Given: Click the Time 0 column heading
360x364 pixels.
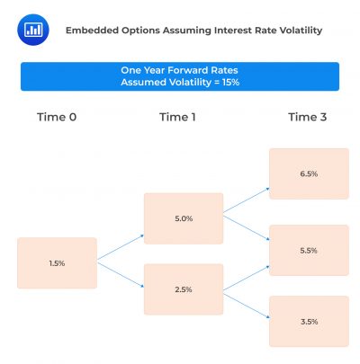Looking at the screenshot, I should click(57, 117).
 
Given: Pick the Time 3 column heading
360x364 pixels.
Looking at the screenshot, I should click(308, 117).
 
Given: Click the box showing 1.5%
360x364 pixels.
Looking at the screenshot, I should click(57, 263).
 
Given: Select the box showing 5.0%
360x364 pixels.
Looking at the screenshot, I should click(184, 218).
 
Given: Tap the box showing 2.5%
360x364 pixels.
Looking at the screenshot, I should click(184, 289).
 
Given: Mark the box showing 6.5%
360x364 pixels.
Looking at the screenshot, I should click(309, 174).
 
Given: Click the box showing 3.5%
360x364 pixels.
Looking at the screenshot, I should click(309, 321).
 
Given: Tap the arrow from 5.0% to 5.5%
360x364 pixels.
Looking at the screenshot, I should click(247, 228).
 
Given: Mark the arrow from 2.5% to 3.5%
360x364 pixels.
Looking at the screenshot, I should click(247, 303).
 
